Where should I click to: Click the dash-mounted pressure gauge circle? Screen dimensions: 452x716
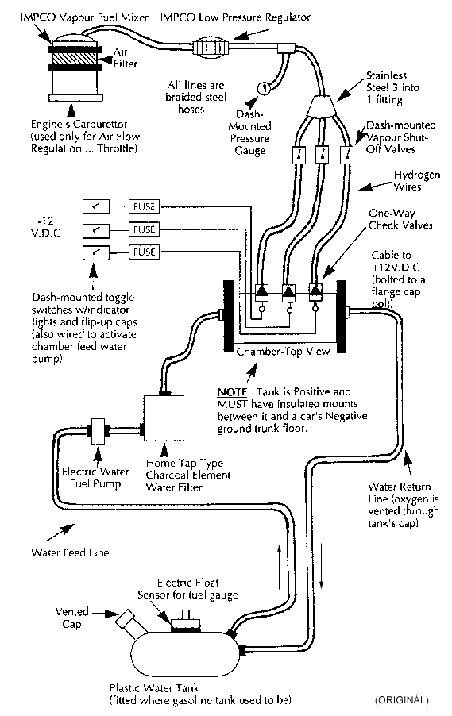(264, 87)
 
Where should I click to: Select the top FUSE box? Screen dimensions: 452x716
(144, 206)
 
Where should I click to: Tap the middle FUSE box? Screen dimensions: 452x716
(144, 229)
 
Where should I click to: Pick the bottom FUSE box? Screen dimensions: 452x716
(144, 252)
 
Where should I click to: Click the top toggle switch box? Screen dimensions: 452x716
(96, 206)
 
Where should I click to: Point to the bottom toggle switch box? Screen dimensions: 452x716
(96, 252)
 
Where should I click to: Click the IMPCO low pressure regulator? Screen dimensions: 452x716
(210, 47)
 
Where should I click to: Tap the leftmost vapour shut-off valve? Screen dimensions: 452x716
(299, 154)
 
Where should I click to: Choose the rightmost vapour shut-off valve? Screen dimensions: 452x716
(347, 154)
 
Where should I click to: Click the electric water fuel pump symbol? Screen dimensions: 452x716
(98, 431)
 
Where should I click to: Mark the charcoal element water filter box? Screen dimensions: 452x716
(164, 418)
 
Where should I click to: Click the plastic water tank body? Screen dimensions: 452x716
(186, 654)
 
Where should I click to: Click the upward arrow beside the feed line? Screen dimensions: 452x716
(280, 566)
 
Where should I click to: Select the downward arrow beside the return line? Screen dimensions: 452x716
(321, 565)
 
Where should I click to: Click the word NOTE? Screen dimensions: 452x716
(233, 392)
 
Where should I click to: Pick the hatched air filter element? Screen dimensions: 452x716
(75, 59)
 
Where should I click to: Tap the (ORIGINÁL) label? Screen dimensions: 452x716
(402, 699)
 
